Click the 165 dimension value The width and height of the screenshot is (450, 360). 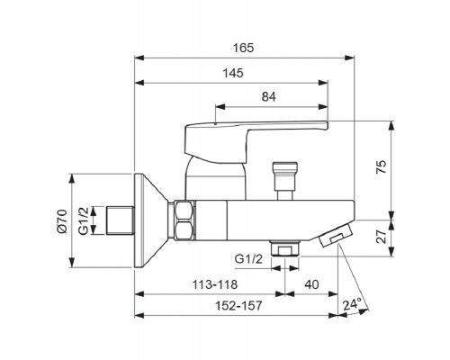click(244, 48)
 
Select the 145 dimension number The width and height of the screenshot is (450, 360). click(233, 73)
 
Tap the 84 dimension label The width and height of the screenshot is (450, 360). click(268, 97)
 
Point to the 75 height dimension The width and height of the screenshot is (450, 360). click(382, 167)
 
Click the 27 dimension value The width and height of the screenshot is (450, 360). click(382, 237)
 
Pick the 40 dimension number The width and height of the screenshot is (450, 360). click(311, 283)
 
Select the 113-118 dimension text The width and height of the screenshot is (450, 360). click(215, 284)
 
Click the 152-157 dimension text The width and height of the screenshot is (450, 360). click(238, 306)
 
